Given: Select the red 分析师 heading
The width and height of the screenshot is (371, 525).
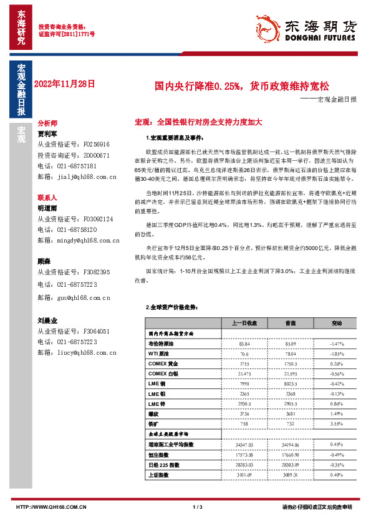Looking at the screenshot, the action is [x=47, y=123].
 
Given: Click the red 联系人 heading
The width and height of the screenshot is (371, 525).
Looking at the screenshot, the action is [x=47, y=196].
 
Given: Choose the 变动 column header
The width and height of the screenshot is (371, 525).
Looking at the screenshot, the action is [x=337, y=324].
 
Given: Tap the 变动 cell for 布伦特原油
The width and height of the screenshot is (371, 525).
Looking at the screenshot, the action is [x=337, y=344].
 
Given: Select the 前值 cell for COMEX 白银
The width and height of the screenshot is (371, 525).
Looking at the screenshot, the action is [x=291, y=373].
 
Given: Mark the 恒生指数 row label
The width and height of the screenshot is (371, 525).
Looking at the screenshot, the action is [x=160, y=455].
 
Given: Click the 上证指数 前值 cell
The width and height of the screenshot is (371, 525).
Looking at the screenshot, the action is [x=291, y=474].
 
